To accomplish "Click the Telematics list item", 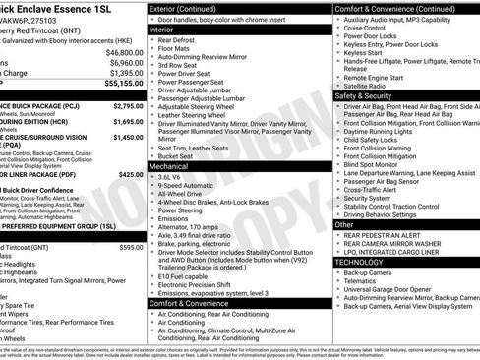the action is [365, 282].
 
